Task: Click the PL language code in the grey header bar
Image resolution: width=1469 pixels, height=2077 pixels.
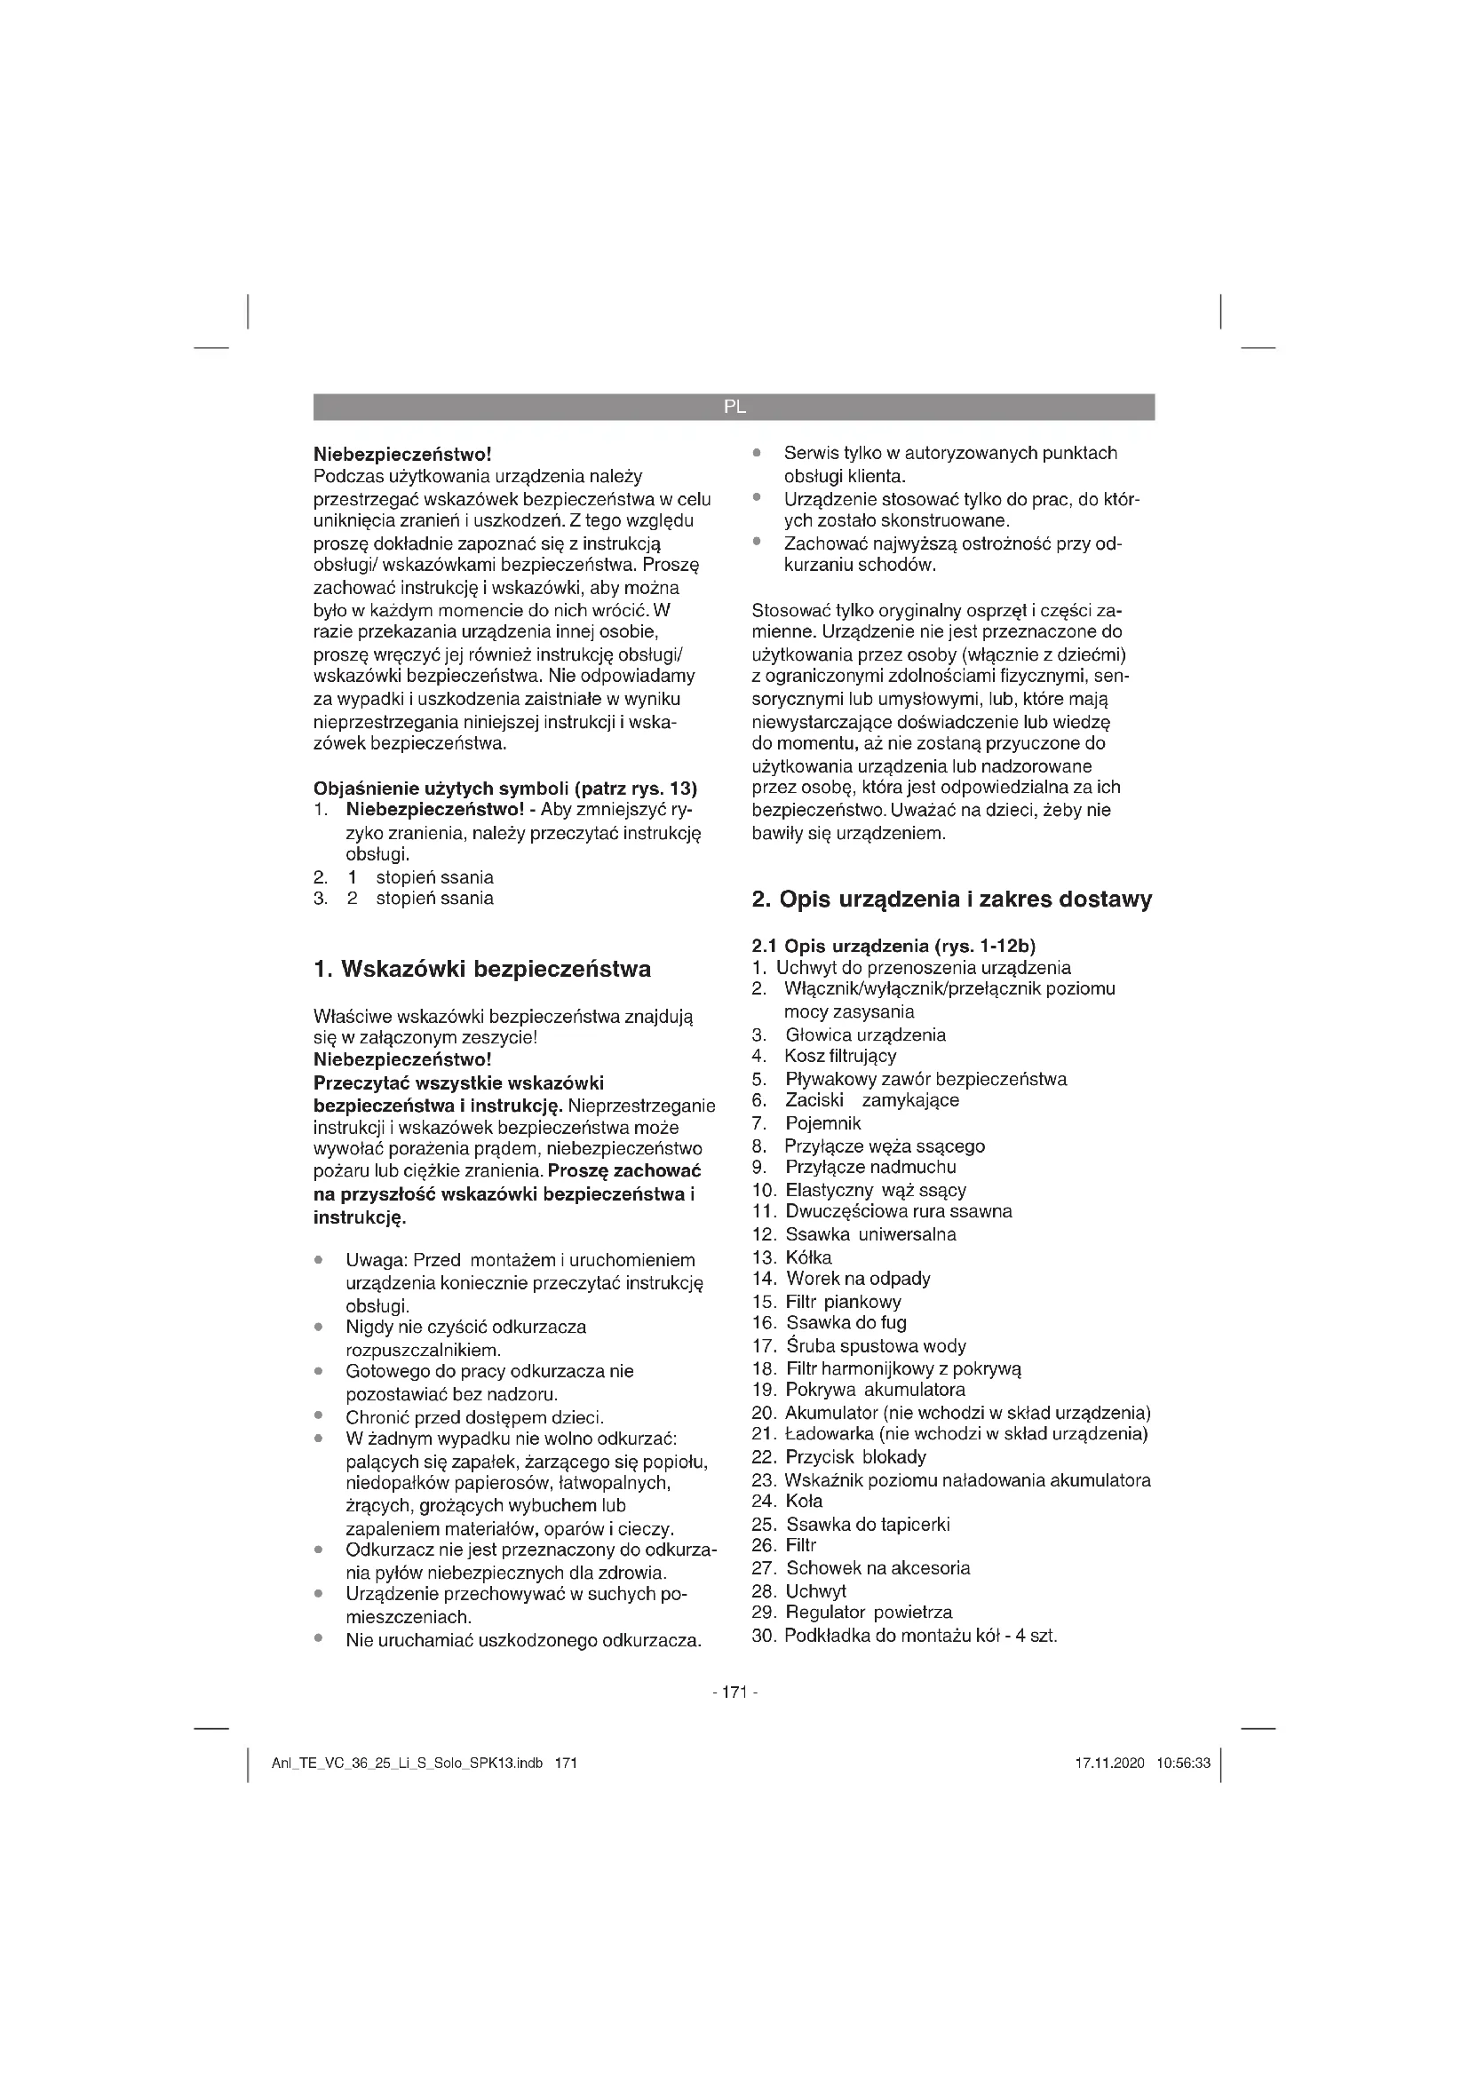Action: point(734,407)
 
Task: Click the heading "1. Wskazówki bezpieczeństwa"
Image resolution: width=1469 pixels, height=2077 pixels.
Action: point(481,970)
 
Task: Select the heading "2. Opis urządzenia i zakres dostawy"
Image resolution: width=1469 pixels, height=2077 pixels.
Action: point(951,900)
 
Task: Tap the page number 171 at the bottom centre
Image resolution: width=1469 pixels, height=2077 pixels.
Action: point(734,1693)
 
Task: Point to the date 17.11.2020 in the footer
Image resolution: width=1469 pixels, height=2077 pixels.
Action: point(1109,1764)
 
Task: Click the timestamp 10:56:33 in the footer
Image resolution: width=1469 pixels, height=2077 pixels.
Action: point(1183,1764)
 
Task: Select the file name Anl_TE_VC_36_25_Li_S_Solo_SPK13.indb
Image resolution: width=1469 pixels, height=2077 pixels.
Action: point(406,1764)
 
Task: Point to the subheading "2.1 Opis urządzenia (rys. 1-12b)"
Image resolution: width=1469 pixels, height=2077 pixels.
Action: point(893,947)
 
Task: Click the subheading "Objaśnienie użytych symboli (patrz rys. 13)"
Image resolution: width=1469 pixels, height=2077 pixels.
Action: point(504,788)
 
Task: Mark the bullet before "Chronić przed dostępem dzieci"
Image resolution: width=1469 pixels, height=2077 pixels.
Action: point(319,1416)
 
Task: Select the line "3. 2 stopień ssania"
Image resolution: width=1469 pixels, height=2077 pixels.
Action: point(403,899)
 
